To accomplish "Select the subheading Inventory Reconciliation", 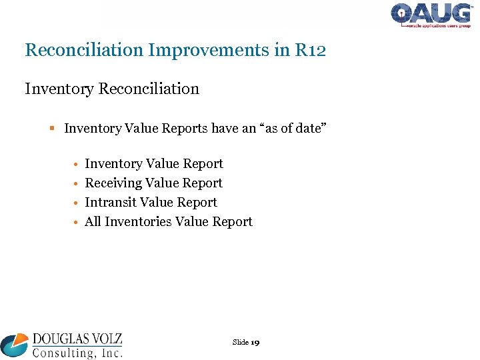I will coord(112,89).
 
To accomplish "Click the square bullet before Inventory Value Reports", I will coord(53,129).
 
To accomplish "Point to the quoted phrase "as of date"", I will coord(290,129).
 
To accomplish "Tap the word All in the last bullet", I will coord(93,222).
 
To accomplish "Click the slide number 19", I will coord(255,343).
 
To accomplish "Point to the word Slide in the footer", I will coord(240,343).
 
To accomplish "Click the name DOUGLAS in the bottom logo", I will coord(61,339).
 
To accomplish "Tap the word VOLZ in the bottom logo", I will coord(107,339).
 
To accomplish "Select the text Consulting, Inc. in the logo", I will coord(77,353).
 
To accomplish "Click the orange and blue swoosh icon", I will coord(15,345).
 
